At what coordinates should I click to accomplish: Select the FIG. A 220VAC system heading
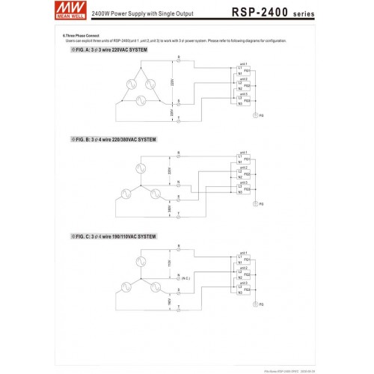112,49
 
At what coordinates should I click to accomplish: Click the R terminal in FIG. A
178,59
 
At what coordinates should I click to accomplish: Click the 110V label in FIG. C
170,263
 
